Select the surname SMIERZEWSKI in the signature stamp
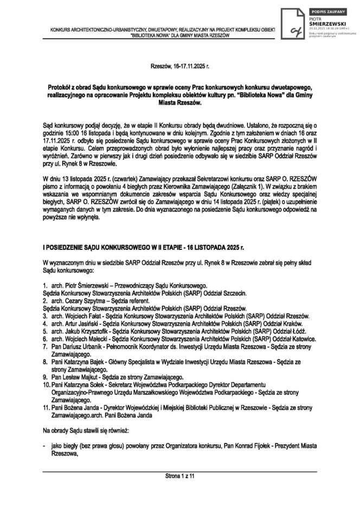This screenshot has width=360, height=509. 325,24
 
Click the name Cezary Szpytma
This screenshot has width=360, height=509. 87,299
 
